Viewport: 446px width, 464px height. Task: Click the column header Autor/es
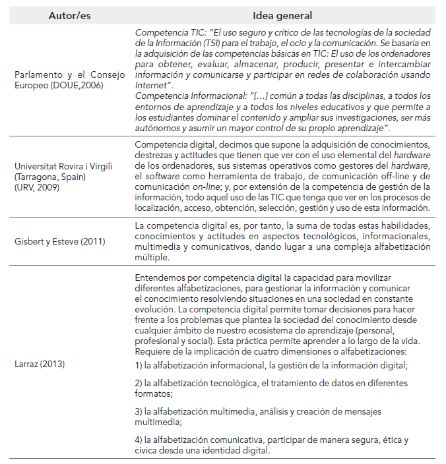click(x=70, y=15)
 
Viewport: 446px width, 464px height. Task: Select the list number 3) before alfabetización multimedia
click(x=138, y=411)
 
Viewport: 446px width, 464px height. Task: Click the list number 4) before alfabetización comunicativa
click(x=138, y=440)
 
